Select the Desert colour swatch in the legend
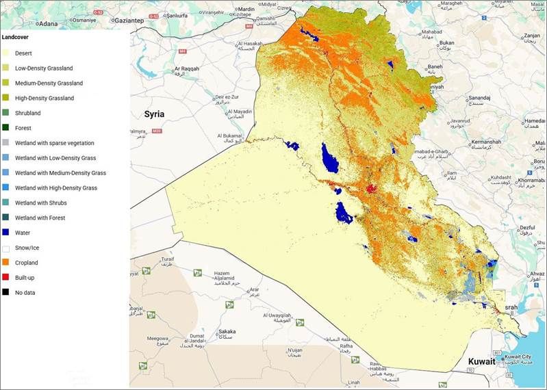pyautogui.click(x=6, y=53)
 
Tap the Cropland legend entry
pyautogui.click(x=27, y=263)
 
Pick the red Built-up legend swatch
pyautogui.click(x=6, y=278)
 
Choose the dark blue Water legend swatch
pyautogui.click(x=6, y=233)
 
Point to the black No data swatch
pyautogui.click(x=6, y=293)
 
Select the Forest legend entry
pyautogui.click(x=24, y=128)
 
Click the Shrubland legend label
pyautogui.click(x=28, y=113)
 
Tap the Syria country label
pyautogui.click(x=155, y=114)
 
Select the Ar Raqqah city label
pyautogui.click(x=187, y=69)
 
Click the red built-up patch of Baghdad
pyautogui.click(x=371, y=188)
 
